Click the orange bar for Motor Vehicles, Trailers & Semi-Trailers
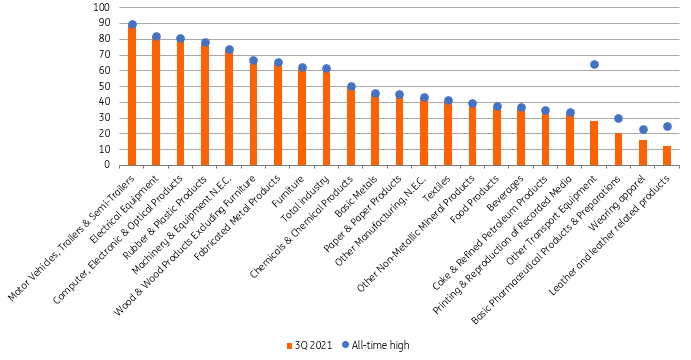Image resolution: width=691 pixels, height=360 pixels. (132, 96)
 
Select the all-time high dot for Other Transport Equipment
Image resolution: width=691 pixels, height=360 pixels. (594, 64)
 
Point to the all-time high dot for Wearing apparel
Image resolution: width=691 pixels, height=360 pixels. (643, 129)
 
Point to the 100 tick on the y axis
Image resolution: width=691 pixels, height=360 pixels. (103, 8)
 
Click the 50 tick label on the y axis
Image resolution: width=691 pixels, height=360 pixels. (105, 87)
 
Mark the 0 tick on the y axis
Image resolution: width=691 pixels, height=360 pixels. (108, 166)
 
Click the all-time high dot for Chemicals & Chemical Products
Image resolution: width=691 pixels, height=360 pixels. (351, 87)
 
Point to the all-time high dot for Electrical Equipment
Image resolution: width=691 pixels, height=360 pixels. (156, 37)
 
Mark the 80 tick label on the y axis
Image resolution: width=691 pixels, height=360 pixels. (105, 40)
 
